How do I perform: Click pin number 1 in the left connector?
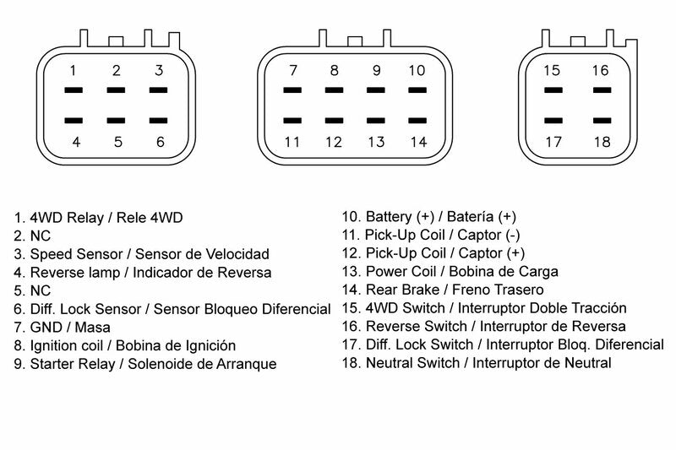(74, 70)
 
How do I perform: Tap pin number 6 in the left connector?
(160, 141)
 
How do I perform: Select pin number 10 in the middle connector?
(417, 70)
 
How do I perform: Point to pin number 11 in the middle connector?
(292, 141)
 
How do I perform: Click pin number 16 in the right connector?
(600, 70)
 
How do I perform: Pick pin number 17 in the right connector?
(553, 141)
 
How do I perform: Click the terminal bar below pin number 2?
(117, 89)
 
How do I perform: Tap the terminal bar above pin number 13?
(375, 121)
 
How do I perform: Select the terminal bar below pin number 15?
(553, 89)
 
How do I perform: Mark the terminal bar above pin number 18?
(600, 121)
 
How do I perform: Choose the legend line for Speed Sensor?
(141, 254)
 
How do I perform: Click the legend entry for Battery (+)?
(440, 218)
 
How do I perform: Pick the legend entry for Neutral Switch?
(476, 363)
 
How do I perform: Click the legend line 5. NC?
(32, 290)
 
